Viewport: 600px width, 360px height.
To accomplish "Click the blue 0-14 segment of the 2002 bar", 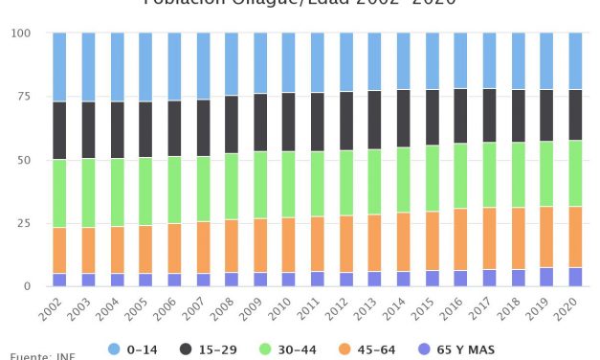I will point(59,67).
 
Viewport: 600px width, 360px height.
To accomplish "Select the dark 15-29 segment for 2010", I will point(288,122).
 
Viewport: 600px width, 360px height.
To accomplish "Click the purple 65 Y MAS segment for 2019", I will point(546,277).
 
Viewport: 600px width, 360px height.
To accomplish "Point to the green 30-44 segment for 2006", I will point(174,190).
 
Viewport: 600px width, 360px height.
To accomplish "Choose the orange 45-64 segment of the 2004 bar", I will point(117,250).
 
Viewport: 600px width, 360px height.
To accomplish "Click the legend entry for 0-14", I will point(132,350).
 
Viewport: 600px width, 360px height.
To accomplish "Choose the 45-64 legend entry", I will point(368,350).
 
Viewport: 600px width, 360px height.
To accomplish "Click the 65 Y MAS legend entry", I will point(458,350).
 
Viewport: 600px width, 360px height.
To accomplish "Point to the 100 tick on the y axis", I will point(20,34).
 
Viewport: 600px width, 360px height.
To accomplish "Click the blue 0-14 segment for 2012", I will point(345,62).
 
